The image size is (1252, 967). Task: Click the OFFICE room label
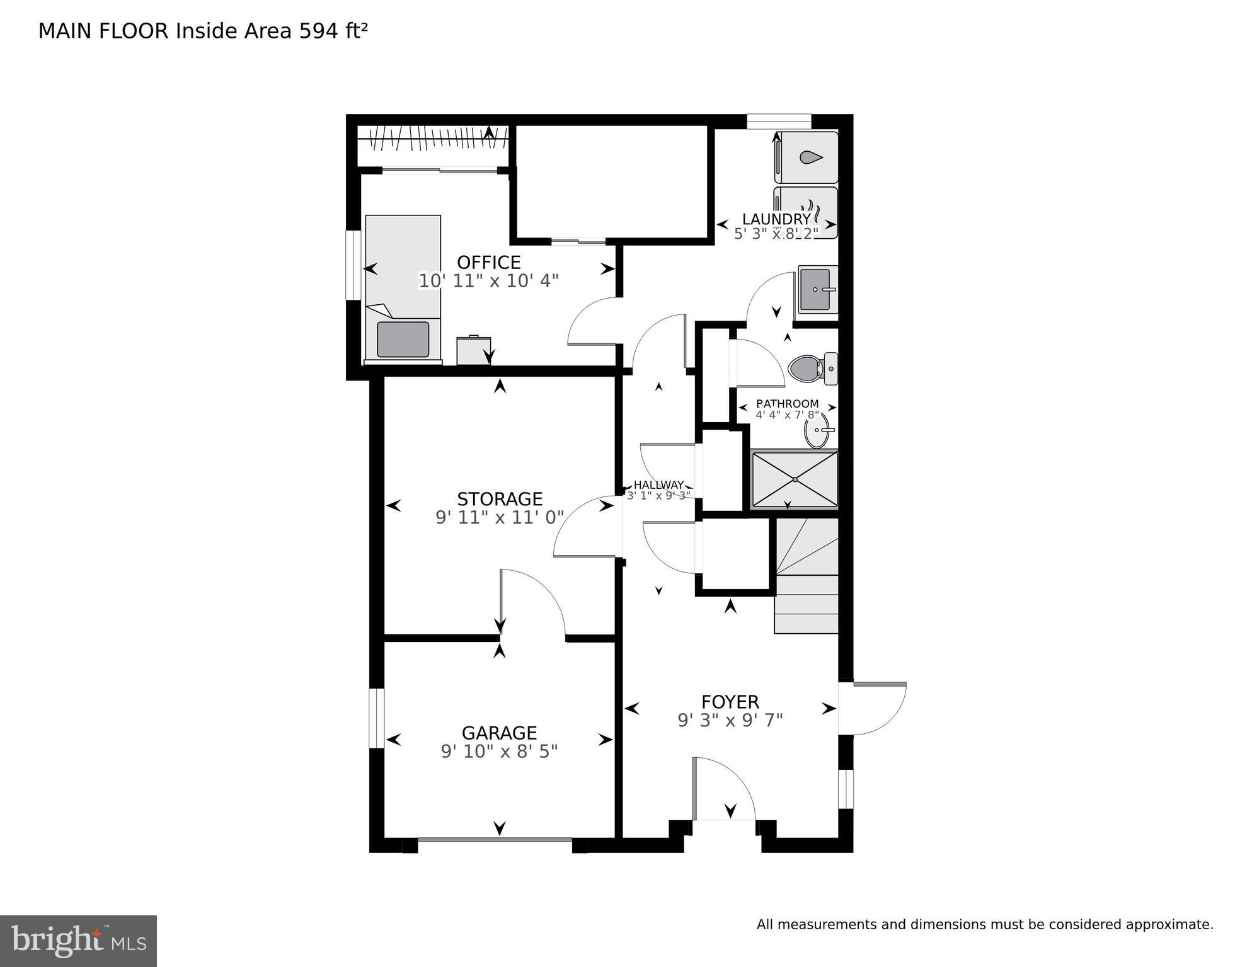[x=488, y=262]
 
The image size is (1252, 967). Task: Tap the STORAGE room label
[x=499, y=499]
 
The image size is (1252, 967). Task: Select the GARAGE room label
[x=499, y=733]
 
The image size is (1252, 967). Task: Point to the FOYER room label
[x=730, y=702]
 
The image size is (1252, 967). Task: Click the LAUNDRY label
[x=776, y=219]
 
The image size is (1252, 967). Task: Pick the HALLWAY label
[x=658, y=484]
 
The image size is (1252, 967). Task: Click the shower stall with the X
[x=795, y=479]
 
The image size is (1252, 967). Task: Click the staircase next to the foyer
[x=807, y=576]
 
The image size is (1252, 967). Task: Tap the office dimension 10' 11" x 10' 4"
[x=488, y=281]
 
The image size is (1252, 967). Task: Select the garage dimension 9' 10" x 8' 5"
[x=499, y=752]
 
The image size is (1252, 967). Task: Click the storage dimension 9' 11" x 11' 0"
[x=499, y=518]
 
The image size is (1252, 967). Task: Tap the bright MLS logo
[x=78, y=941]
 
